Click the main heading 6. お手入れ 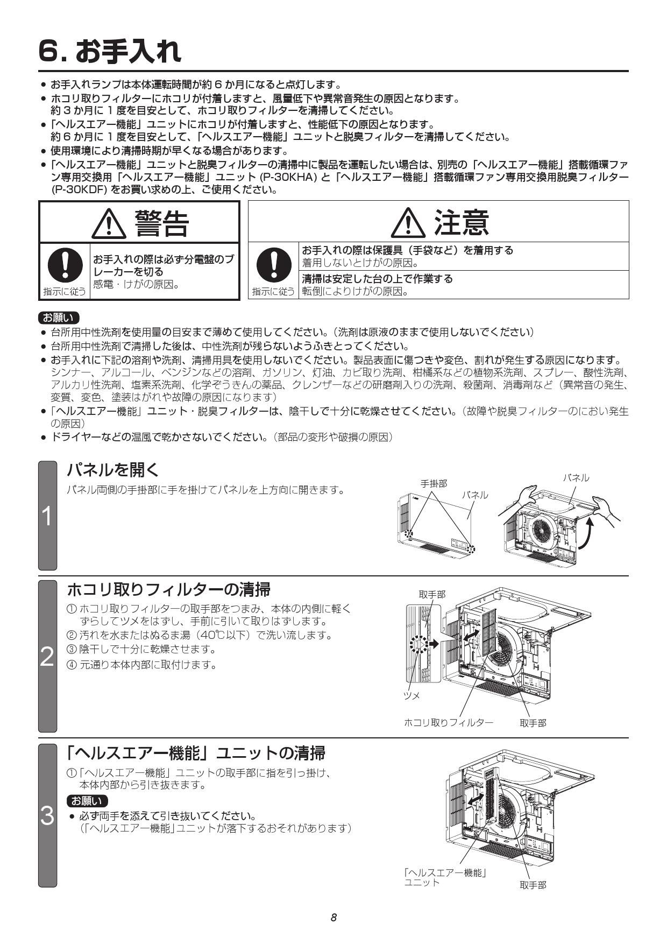point(110,51)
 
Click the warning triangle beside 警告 point(109,224)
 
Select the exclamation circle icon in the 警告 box point(65,264)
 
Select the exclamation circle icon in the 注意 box point(273,264)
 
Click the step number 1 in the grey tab point(47,516)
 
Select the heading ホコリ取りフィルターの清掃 point(168,589)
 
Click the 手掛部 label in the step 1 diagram point(433,483)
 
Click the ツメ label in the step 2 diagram point(412,695)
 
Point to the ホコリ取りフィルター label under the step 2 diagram point(448,723)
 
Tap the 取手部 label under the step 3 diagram point(533,885)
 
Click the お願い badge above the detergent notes point(59,317)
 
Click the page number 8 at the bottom point(334,917)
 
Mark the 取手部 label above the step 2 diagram point(432,594)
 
